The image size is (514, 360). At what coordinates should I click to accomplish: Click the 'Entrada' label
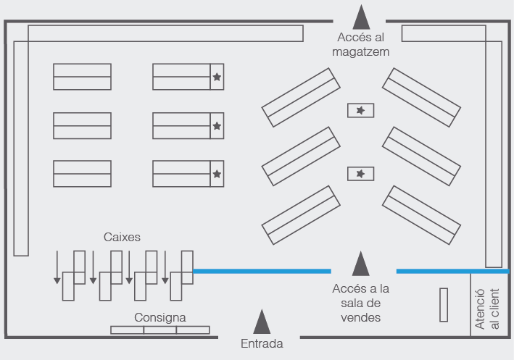click(262, 343)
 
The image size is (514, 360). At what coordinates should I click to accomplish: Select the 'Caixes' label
click(121, 237)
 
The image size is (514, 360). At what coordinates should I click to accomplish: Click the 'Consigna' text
click(160, 317)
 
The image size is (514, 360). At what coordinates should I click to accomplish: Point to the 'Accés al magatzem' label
click(361, 44)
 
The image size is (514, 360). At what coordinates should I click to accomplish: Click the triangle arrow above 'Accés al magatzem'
click(361, 17)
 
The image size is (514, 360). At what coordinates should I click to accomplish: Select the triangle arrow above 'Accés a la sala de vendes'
click(360, 264)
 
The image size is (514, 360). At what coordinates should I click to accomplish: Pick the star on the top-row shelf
click(217, 76)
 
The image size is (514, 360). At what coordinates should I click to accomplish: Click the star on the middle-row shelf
click(217, 125)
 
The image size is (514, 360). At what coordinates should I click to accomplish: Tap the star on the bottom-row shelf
click(217, 174)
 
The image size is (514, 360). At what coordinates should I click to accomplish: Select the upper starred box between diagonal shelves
click(361, 110)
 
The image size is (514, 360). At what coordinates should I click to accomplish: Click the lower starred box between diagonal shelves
click(361, 174)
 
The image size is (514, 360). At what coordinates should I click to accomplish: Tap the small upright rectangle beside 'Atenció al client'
click(444, 305)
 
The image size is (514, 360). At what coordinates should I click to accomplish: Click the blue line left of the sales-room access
click(262, 271)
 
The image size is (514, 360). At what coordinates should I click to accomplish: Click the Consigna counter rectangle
click(160, 330)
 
